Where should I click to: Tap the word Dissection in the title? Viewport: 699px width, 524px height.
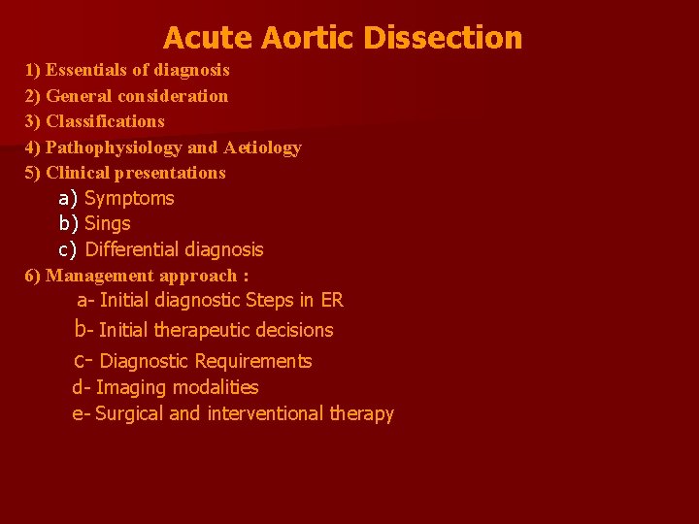point(443,38)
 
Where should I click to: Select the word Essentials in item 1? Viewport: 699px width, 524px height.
point(89,70)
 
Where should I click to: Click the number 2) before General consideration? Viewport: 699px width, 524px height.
point(33,96)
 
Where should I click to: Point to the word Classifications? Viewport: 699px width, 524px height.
point(105,121)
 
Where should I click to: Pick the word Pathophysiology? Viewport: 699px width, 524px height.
point(114,147)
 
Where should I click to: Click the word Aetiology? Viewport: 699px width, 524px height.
point(262,147)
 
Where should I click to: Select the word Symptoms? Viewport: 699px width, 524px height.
point(129,198)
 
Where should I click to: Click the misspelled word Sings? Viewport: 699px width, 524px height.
point(107,223)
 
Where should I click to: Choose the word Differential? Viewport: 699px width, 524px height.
point(134,249)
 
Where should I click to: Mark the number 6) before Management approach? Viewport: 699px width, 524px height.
point(33,275)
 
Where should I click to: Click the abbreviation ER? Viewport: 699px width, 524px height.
point(331,301)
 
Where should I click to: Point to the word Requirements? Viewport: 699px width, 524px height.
point(253,361)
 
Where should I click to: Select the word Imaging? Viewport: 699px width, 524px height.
point(131,387)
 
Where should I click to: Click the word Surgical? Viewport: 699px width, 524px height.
point(129,413)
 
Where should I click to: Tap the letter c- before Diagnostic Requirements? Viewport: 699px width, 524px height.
point(82,361)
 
